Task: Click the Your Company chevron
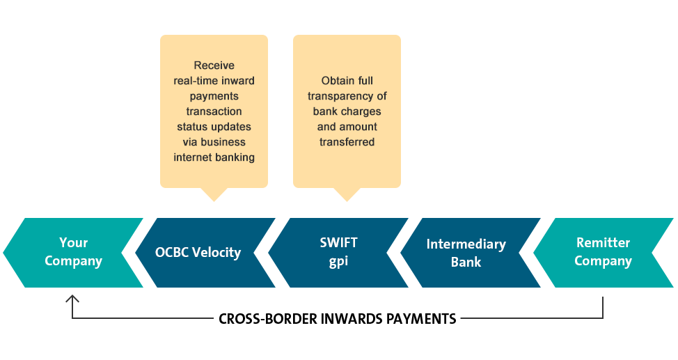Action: (74, 253)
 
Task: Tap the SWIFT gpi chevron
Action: (338, 253)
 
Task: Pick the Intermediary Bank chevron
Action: (471, 253)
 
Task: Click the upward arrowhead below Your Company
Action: (72, 298)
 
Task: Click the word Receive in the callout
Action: (214, 65)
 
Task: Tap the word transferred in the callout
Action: (347, 142)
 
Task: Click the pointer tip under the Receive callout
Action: (214, 201)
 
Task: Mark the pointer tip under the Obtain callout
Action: (347, 201)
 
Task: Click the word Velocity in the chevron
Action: (216, 252)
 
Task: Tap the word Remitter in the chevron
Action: (604, 243)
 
